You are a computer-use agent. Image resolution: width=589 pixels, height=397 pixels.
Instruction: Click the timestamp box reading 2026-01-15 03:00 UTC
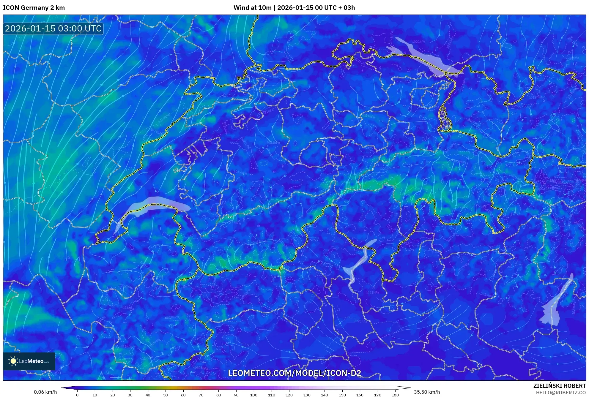tap(53, 29)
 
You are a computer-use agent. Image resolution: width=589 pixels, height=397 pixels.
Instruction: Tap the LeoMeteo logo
tap(29, 361)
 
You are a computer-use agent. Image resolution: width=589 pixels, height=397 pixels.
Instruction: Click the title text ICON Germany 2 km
tap(34, 8)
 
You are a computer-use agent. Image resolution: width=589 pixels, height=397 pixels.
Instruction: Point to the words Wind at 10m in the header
tap(252, 8)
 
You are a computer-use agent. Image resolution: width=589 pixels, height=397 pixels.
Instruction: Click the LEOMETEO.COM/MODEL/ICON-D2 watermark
tap(294, 373)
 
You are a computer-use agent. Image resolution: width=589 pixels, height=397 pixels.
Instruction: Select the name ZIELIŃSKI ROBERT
tap(559, 386)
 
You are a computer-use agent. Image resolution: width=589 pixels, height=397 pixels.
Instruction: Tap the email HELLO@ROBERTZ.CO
tap(561, 393)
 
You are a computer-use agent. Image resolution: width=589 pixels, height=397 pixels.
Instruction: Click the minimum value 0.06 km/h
tap(45, 392)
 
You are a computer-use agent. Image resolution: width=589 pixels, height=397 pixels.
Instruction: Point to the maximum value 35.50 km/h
tap(427, 392)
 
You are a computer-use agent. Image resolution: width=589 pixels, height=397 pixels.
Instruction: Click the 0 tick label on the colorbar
tap(77, 395)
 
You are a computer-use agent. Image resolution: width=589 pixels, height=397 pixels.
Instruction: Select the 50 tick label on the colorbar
tap(166, 395)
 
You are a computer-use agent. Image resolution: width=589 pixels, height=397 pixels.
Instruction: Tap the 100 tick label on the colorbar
tap(254, 395)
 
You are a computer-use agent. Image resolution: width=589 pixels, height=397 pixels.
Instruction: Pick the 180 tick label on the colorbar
tap(395, 395)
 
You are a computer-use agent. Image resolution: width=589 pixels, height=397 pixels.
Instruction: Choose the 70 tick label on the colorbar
tap(201, 395)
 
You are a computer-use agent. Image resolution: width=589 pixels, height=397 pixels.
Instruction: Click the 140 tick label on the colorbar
tap(325, 395)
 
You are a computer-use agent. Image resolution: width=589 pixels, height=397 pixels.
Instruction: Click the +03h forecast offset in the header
tap(346, 8)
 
